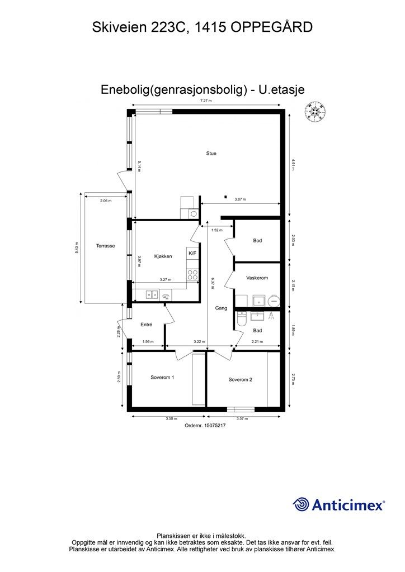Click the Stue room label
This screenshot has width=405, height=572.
point(211,153)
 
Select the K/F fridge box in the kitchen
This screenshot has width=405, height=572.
point(192,254)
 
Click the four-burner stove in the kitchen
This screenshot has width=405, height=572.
point(192,274)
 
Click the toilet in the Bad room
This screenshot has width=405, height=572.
point(241,320)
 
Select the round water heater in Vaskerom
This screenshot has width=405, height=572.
point(274,301)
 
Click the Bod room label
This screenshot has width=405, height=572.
point(257,241)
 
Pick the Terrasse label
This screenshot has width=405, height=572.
point(105,246)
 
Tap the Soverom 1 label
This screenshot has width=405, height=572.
point(162,377)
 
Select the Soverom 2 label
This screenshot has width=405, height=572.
point(240,379)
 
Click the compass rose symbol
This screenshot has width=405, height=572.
point(315,112)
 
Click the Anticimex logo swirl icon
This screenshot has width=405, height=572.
point(301,504)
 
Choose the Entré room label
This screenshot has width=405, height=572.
point(147,325)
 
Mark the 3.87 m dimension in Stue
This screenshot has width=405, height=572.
point(240,199)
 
